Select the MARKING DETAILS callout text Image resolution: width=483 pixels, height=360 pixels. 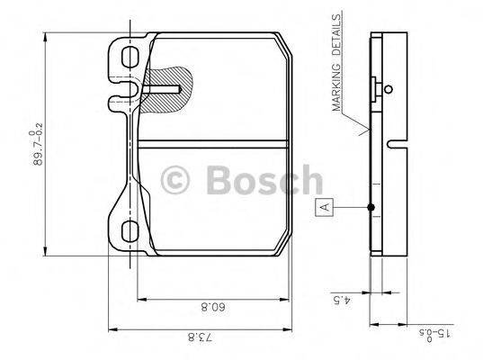tap(339, 63)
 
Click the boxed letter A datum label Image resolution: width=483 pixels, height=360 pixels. tap(326, 207)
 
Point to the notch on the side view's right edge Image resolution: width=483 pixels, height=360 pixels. tap(396, 144)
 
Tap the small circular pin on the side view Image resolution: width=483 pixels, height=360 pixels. tap(386, 88)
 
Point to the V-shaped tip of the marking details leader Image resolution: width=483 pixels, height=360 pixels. tap(363, 131)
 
